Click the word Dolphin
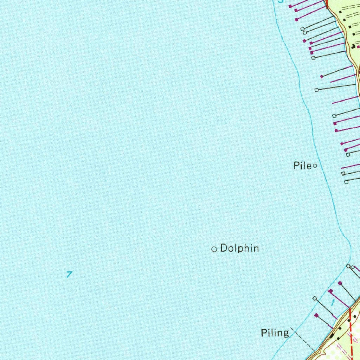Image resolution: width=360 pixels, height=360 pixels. pyautogui.click(x=239, y=249)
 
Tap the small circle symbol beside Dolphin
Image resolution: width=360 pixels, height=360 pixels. pyautogui.click(x=214, y=249)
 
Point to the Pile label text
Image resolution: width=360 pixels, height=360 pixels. pyautogui.click(x=302, y=166)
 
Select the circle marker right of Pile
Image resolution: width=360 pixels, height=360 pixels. pyautogui.click(x=315, y=166)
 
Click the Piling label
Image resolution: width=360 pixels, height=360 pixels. pyautogui.click(x=275, y=333)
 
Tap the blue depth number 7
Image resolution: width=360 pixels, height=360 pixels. pyautogui.click(x=69, y=274)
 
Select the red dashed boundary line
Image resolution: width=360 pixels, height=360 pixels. pyautogui.click(x=351, y=330)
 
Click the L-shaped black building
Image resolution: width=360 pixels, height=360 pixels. pyautogui.click(x=353, y=46)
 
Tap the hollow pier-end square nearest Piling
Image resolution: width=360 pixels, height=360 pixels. pyautogui.click(x=315, y=298)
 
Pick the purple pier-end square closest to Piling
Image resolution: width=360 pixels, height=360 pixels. pyautogui.click(x=316, y=315)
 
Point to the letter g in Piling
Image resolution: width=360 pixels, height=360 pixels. pyautogui.click(x=285, y=334)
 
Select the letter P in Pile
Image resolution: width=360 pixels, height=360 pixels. pyautogui.click(x=296, y=166)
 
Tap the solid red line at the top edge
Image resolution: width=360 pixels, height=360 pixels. pyautogui.click(x=327, y=4)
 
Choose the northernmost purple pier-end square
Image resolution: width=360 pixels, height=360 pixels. pyautogui.click(x=290, y=6)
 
